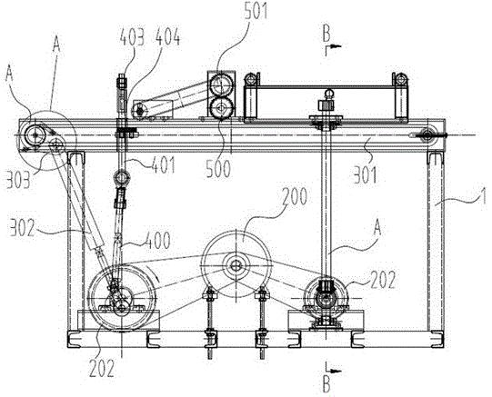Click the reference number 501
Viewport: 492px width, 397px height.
[256, 10]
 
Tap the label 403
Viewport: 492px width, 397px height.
[132, 37]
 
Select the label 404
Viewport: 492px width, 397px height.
[168, 37]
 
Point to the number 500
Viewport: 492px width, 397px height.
[218, 170]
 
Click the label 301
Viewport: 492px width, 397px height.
[366, 174]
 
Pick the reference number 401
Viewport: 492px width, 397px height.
[163, 165]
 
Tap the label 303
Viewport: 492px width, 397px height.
[18, 180]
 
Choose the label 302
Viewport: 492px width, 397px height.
[22, 228]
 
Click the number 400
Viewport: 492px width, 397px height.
[158, 241]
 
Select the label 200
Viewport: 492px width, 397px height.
[295, 197]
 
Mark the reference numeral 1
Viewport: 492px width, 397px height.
[483, 196]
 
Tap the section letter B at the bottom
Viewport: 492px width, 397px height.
[326, 384]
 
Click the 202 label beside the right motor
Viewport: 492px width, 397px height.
[383, 280]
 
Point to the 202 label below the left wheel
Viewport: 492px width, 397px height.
[102, 369]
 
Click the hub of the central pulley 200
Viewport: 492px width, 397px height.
[235, 266]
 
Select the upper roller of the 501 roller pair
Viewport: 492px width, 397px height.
[222, 84]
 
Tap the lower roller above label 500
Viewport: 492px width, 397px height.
[222, 108]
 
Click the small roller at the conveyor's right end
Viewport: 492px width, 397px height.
[427, 135]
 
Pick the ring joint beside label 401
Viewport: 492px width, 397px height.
[121, 178]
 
